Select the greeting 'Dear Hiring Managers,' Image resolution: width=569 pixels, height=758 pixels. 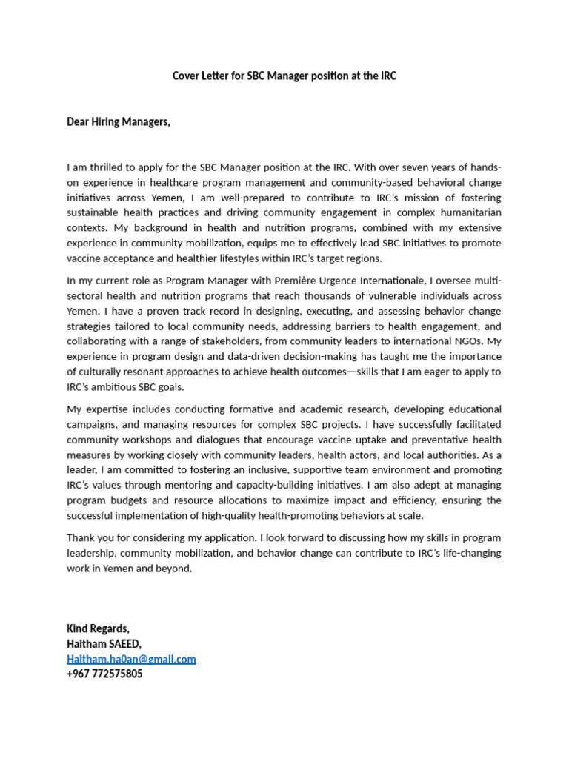click(x=119, y=121)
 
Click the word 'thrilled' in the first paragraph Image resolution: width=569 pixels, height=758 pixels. click(x=110, y=167)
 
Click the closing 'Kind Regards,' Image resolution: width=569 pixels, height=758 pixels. click(x=98, y=628)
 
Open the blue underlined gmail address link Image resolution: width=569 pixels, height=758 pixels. click(x=131, y=659)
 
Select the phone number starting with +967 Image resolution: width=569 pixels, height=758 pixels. click(x=104, y=674)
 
